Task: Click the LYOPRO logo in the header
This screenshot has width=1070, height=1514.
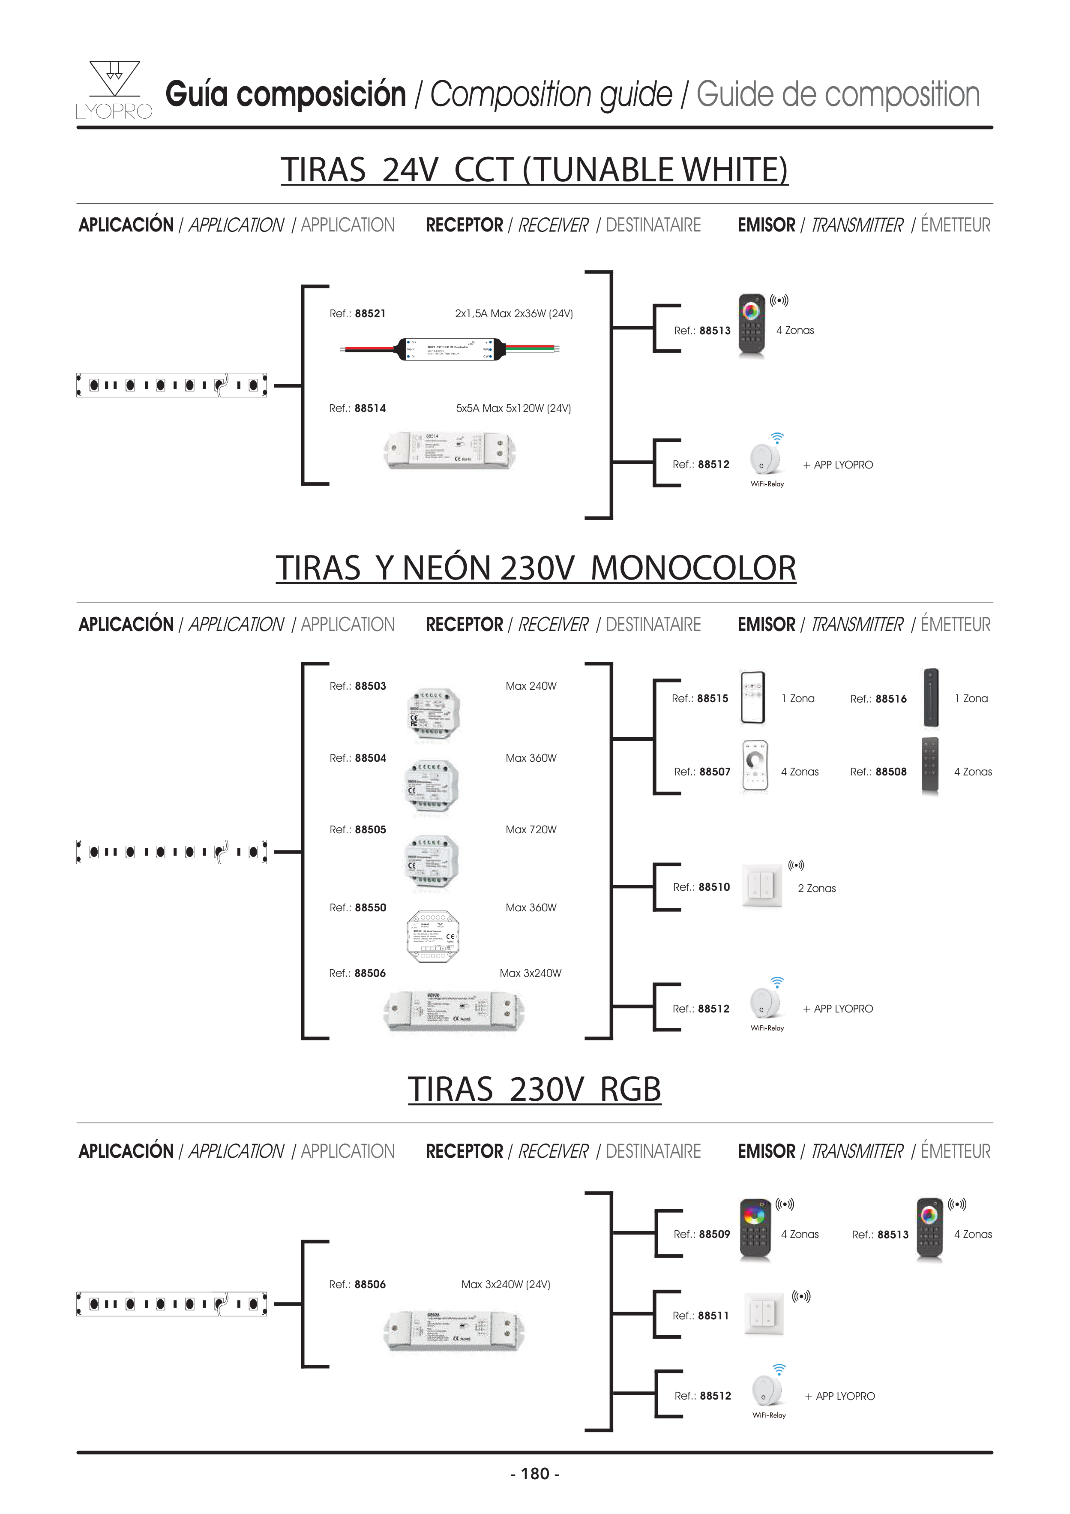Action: pos(114,90)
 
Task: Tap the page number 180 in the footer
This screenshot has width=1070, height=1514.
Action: pos(535,1474)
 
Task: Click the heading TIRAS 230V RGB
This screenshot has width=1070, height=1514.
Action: pos(534,1089)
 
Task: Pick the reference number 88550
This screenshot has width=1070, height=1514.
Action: pos(371,908)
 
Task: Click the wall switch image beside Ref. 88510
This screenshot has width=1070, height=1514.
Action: pos(763,886)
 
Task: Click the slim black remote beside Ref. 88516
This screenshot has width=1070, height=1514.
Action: pos(931,698)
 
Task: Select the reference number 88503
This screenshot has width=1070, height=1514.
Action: pos(371,686)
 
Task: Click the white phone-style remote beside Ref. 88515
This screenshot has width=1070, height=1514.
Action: pos(753,698)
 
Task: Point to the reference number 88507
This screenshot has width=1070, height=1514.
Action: pos(715,772)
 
